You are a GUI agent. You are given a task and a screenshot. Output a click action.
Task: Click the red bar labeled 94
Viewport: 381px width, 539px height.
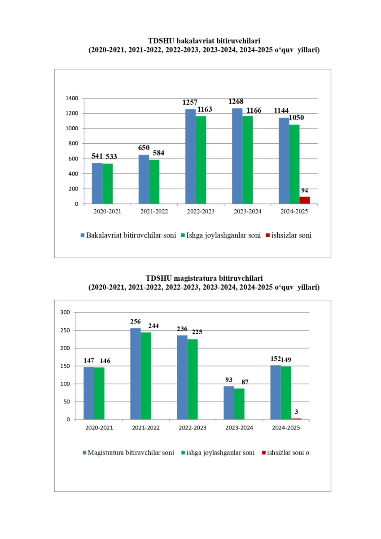[x=305, y=200]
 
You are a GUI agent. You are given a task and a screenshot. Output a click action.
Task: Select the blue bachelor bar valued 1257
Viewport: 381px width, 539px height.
[x=190, y=157]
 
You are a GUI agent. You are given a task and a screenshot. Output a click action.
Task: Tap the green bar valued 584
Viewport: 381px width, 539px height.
[x=154, y=182]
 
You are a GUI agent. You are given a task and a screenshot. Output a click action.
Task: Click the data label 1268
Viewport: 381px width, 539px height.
[x=236, y=102]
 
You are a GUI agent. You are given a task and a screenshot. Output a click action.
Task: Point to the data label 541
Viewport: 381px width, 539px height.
[x=97, y=156]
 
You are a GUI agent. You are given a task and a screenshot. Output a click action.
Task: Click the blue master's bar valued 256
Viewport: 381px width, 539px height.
[x=136, y=374]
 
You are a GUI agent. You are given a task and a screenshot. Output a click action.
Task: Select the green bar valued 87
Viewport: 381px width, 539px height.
[x=239, y=404]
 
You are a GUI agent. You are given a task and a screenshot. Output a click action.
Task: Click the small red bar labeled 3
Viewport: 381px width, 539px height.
[x=296, y=419]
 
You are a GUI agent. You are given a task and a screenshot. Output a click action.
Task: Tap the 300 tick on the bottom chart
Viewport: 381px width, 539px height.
[x=66, y=313]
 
